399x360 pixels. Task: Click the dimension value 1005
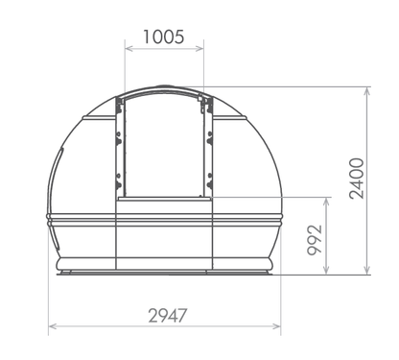click(x=164, y=37)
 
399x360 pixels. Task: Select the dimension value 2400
click(x=356, y=179)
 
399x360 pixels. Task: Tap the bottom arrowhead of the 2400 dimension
click(x=369, y=273)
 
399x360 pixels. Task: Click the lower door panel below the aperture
click(x=163, y=235)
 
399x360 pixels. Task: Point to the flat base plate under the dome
click(x=164, y=275)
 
